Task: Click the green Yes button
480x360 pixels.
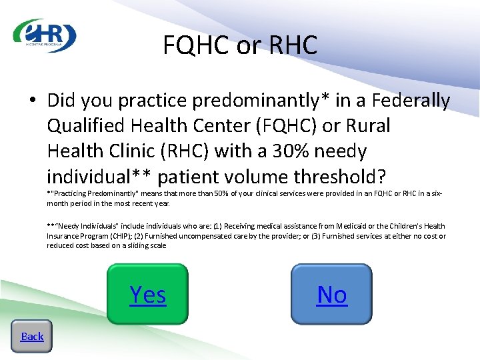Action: (x=148, y=294)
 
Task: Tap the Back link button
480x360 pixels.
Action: (x=32, y=336)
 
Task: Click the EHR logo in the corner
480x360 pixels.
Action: (x=45, y=35)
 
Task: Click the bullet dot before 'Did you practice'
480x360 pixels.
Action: (x=33, y=101)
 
